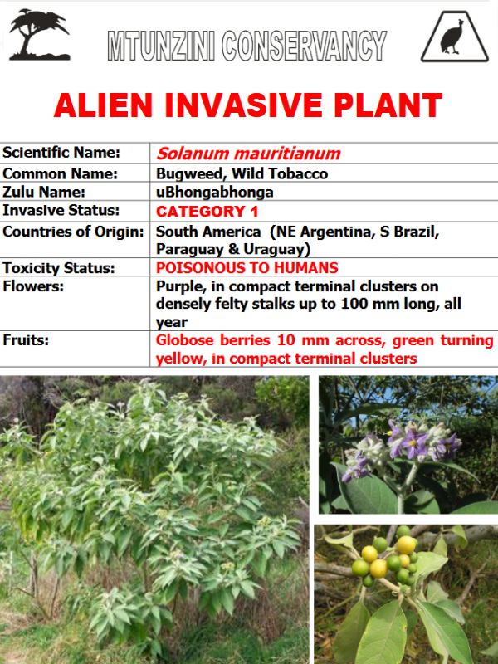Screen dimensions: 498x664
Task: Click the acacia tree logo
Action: pyautogui.click(x=39, y=35)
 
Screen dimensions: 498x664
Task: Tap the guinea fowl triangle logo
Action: pyautogui.click(x=454, y=37)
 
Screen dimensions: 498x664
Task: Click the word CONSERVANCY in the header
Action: pyautogui.click(x=304, y=46)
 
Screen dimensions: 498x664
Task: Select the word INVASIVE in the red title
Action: pyautogui.click(x=243, y=105)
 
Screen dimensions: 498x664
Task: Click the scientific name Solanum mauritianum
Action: pyautogui.click(x=248, y=154)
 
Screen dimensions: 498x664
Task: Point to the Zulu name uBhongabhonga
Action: pyautogui.click(x=215, y=193)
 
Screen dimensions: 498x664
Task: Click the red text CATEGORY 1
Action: pyautogui.click(x=207, y=212)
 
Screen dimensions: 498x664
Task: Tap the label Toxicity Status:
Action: pyautogui.click(x=59, y=268)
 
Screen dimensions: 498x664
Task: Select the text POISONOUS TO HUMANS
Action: pyautogui.click(x=247, y=267)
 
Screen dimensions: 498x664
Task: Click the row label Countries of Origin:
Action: pyautogui.click(x=73, y=232)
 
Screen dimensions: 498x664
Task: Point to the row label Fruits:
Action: pyautogui.click(x=26, y=339)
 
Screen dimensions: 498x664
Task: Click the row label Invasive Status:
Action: pyautogui.click(x=61, y=211)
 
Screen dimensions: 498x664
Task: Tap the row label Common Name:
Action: pyautogui.click(x=60, y=173)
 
